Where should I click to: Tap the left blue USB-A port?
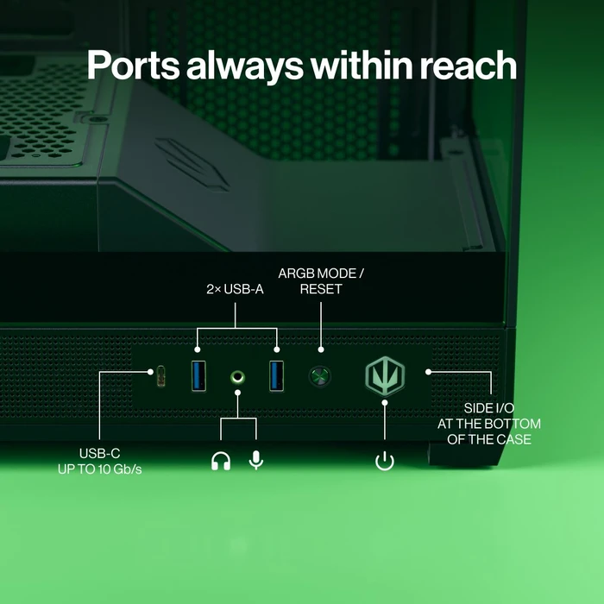[198, 375]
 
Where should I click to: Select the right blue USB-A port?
[277, 375]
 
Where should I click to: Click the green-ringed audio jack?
[237, 377]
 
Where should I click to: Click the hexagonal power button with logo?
[385, 376]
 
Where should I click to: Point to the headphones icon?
[221, 461]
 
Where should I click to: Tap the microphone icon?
[256, 460]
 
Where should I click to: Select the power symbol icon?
[385, 462]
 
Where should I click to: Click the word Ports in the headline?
[133, 65]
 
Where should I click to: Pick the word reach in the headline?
[468, 65]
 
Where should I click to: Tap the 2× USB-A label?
[235, 289]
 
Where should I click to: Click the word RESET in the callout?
[321, 289]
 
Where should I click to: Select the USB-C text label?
[100, 453]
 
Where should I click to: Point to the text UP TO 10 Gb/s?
[100, 469]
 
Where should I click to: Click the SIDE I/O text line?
[489, 408]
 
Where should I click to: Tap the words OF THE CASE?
[489, 439]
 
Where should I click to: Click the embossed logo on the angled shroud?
[192, 164]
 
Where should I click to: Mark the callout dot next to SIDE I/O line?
[428, 372]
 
